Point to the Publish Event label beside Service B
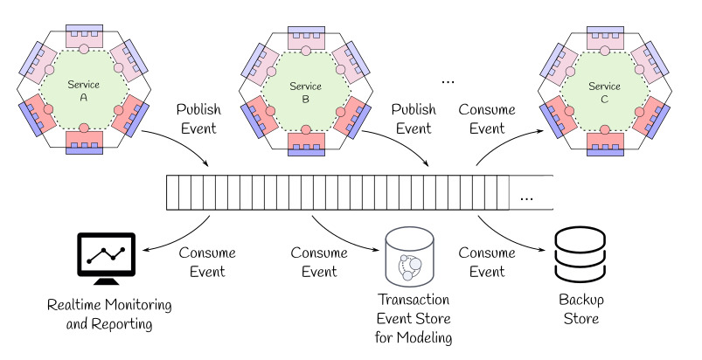414,119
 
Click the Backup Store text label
578,310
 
